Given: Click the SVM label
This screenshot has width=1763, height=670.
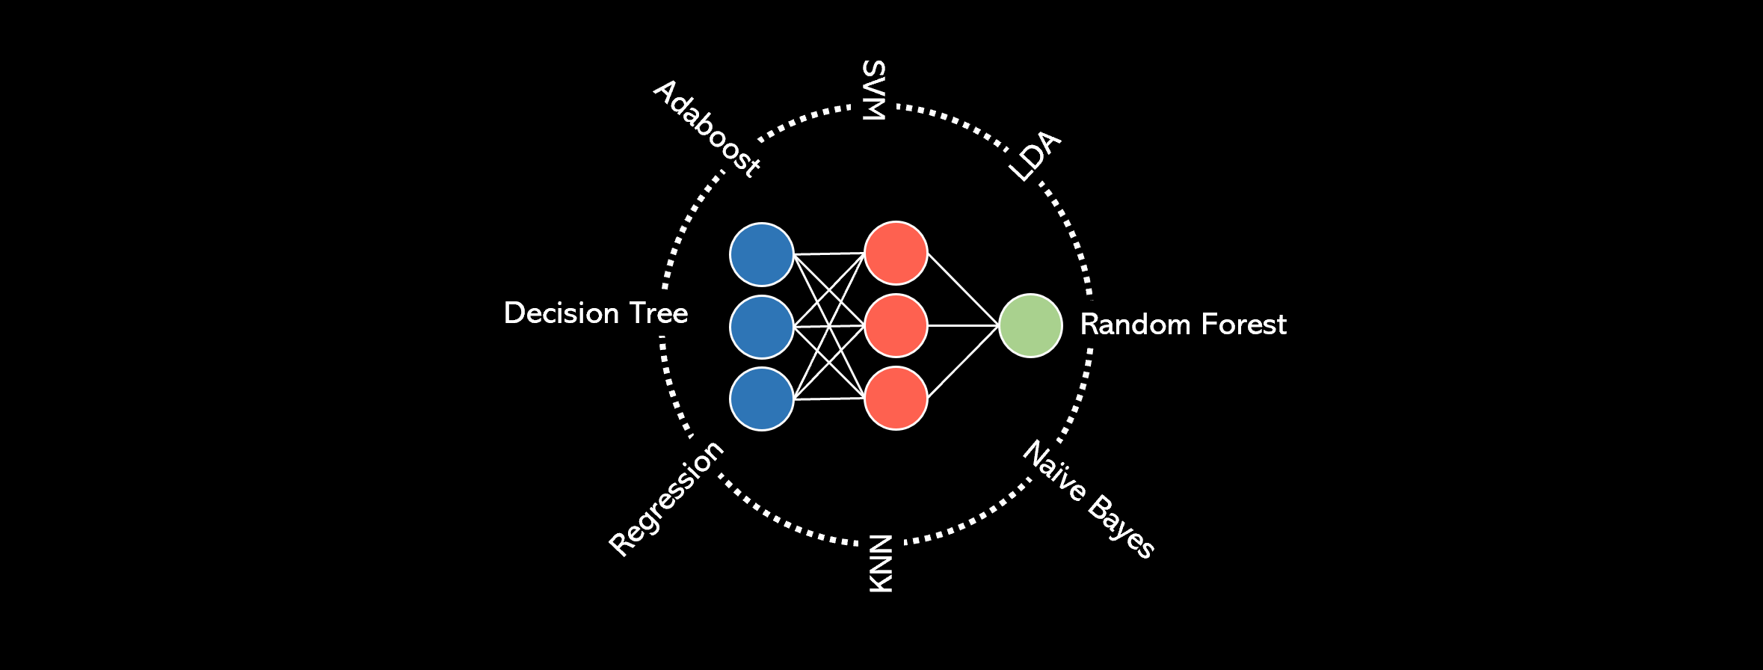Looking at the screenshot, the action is pos(873,90).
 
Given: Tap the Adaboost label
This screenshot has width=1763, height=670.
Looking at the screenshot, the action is pos(707,129).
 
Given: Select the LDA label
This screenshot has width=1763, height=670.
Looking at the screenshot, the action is pos(1034,156).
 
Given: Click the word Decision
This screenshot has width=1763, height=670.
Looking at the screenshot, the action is pos(561,313).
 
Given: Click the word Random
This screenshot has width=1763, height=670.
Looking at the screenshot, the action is pos(1130,325).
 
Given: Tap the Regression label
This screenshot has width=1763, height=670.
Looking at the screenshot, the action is pos(666,498).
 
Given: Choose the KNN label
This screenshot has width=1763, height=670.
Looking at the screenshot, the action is pos(881,564).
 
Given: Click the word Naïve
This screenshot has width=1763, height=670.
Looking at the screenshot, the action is pos(1053,471).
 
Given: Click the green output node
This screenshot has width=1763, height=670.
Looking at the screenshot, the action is pos(1030,325).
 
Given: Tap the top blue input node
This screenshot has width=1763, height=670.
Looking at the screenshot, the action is pos(761,254).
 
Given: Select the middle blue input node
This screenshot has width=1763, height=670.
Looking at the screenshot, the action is pos(761,327).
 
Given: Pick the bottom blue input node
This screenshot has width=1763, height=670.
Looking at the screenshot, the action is pos(761,399).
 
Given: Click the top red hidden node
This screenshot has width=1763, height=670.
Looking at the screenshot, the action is pos(896,253).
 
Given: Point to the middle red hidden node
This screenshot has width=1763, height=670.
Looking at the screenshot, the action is pos(896,325).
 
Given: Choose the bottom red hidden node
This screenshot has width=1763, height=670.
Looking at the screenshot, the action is pos(896,398).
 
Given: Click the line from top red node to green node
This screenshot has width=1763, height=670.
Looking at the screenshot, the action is pos(963,289).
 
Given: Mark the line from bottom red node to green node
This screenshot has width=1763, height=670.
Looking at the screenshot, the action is pos(963,362).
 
